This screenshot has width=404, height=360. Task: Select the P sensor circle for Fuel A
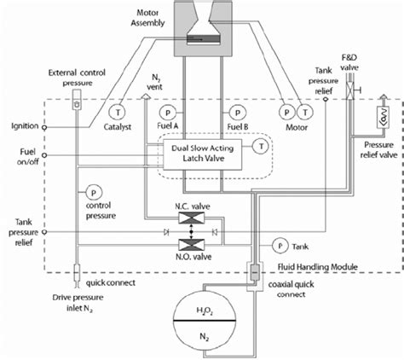click(167, 113)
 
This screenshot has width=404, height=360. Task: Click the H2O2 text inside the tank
click(203, 311)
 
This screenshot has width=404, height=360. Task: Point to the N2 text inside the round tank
click(203, 335)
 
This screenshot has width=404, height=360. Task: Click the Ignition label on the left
click(24, 125)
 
